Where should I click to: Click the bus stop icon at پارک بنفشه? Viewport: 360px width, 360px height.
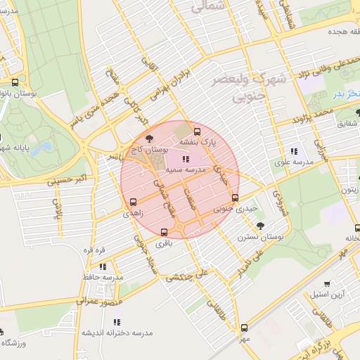pos(196,131)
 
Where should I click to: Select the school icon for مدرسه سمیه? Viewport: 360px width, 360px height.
pos(185,160)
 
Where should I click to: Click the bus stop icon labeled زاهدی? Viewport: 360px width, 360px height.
pos(133,202)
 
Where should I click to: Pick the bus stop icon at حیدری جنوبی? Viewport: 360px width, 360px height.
pos(235,198)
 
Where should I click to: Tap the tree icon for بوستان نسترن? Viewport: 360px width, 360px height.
pos(261,226)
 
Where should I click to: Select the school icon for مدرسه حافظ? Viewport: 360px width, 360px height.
pos(103,266)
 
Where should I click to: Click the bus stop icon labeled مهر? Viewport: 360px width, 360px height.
pos(244,328)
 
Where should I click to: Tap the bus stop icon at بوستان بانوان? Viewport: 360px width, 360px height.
pos(15,82)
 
